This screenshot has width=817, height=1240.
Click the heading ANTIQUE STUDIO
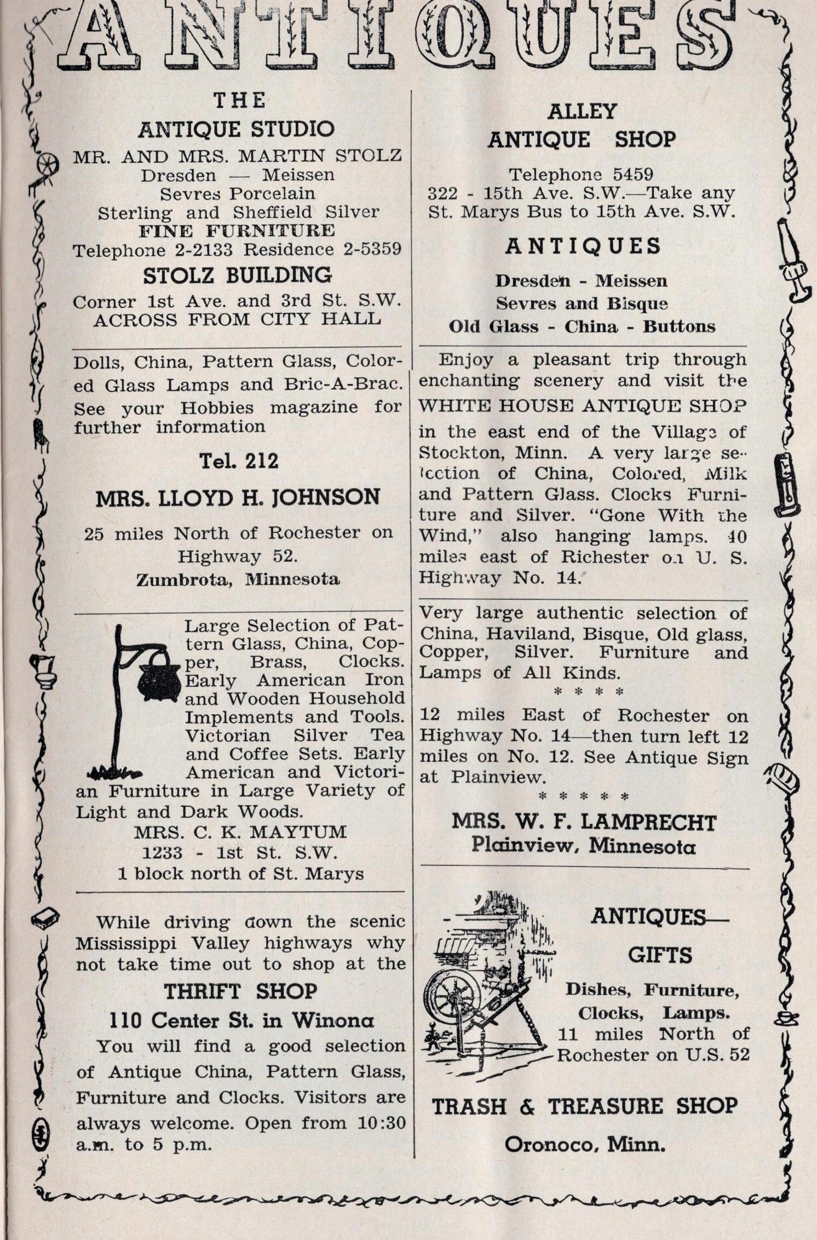point(236,130)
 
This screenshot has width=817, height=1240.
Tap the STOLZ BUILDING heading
point(237,275)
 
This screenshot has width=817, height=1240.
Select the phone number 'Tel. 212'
point(239,461)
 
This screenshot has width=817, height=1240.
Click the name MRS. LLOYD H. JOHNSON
point(238,497)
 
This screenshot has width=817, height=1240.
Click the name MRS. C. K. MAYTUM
point(240,832)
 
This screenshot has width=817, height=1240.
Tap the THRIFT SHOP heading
point(240,991)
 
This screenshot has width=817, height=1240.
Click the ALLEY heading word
point(582,112)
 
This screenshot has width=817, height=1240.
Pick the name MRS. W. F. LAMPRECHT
point(584,822)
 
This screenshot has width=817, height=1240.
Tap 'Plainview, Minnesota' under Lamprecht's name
point(583,847)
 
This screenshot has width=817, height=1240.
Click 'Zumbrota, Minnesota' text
point(238,579)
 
